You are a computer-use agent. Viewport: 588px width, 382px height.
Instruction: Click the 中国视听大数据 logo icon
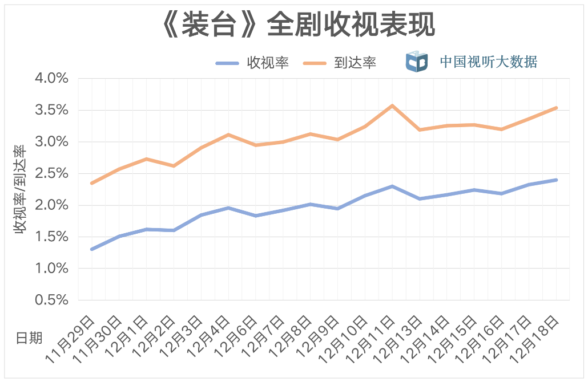(416, 62)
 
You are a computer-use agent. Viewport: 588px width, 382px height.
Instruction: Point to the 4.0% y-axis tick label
(51, 78)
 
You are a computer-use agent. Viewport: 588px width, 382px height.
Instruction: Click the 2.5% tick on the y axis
(51, 173)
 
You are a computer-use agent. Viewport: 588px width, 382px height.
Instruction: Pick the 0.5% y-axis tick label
(51, 300)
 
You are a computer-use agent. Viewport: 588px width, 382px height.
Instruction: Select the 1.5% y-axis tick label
(51, 237)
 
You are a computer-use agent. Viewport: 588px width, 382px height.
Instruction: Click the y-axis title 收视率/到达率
(20, 189)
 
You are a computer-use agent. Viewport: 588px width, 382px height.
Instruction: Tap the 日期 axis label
(29, 338)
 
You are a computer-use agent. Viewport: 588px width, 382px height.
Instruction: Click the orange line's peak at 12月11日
(392, 105)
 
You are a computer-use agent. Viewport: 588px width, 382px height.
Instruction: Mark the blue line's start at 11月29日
(92, 249)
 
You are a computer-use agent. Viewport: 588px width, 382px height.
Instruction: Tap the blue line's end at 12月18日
(555, 180)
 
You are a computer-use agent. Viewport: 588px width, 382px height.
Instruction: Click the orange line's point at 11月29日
(92, 183)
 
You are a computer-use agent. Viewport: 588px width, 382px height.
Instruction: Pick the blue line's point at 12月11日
(392, 186)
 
